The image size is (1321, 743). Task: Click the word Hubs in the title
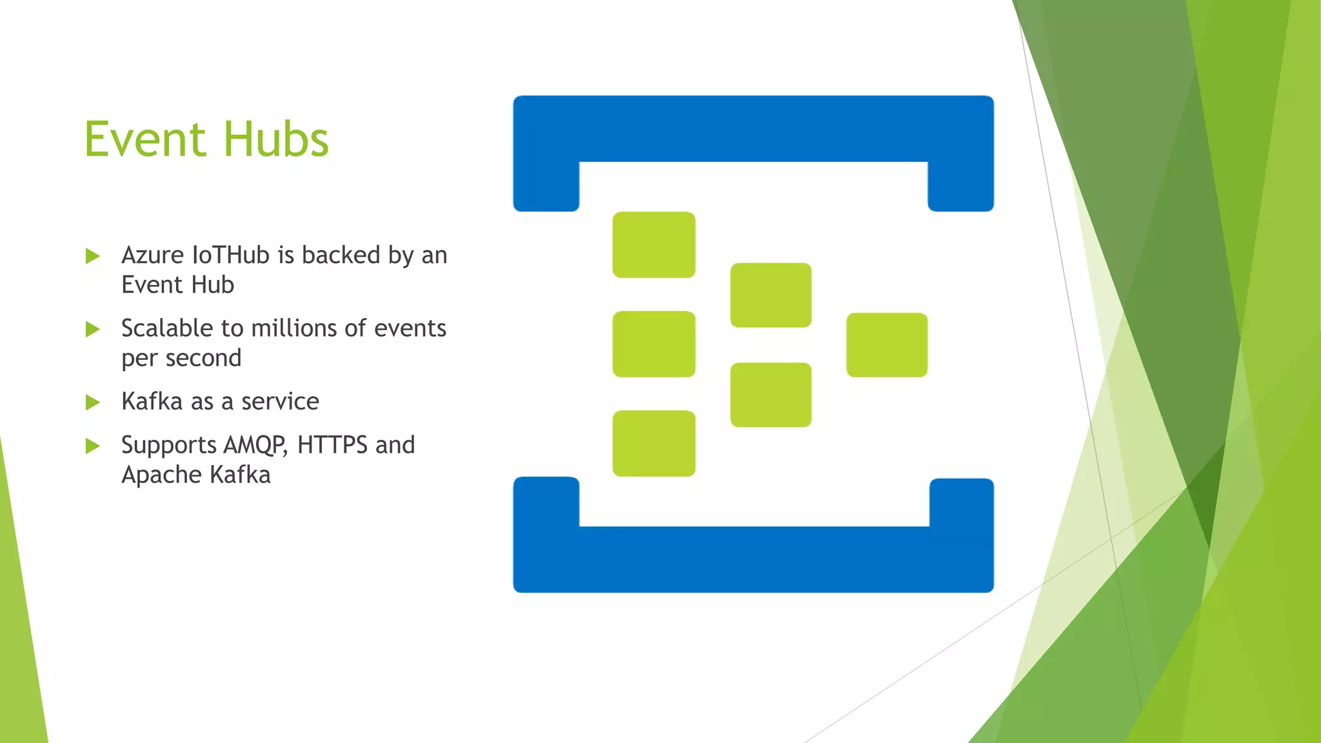(x=276, y=139)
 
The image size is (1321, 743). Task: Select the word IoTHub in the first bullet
(x=231, y=255)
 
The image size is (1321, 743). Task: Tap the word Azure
(x=153, y=255)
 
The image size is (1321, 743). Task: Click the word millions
(x=294, y=328)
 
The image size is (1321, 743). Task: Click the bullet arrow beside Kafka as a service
(x=93, y=402)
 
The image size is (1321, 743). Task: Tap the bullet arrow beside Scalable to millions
(x=93, y=330)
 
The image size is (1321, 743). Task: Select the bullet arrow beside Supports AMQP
(x=93, y=446)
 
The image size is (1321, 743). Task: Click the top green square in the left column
(x=653, y=245)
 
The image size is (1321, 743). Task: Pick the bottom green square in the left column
(x=653, y=444)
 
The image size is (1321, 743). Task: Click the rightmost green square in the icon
(x=887, y=345)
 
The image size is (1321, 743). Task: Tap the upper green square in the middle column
(x=771, y=295)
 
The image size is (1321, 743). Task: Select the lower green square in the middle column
(x=771, y=395)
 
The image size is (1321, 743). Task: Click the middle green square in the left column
(x=653, y=344)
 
